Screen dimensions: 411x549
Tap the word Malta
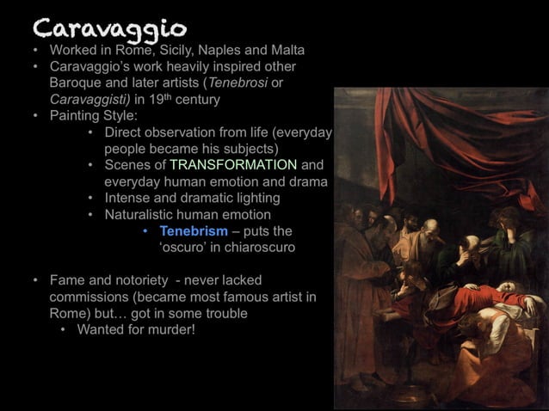[x=287, y=50]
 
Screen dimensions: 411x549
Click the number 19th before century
[x=176, y=99]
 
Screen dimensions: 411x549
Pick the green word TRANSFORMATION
[x=234, y=165]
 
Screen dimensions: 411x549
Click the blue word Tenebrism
[x=194, y=231]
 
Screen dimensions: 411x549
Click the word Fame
[x=67, y=280]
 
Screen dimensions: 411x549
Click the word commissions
[x=89, y=297]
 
